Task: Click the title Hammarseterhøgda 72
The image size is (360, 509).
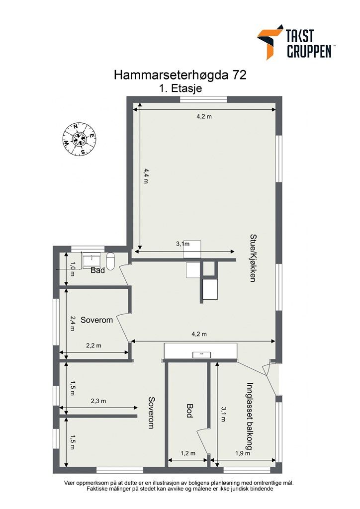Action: (180, 75)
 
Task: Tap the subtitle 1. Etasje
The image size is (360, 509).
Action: (180, 88)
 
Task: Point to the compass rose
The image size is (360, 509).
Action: (79, 139)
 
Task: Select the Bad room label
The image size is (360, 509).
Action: (98, 270)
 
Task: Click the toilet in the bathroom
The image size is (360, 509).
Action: (111, 261)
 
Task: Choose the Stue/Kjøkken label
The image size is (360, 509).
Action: (253, 258)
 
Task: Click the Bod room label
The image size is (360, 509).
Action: (189, 410)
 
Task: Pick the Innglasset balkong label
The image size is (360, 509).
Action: (249, 416)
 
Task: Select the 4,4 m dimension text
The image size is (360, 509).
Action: (146, 176)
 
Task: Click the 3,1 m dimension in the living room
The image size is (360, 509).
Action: (183, 244)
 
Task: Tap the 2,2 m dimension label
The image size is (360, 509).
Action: (93, 345)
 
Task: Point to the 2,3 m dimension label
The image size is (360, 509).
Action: (98, 401)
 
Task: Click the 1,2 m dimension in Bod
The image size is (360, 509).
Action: (188, 453)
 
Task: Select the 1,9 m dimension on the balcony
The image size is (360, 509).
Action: (243, 453)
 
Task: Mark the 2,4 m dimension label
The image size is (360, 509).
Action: (73, 324)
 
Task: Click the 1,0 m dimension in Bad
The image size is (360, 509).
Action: (73, 269)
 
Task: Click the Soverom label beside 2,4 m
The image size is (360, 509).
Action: (97, 320)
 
